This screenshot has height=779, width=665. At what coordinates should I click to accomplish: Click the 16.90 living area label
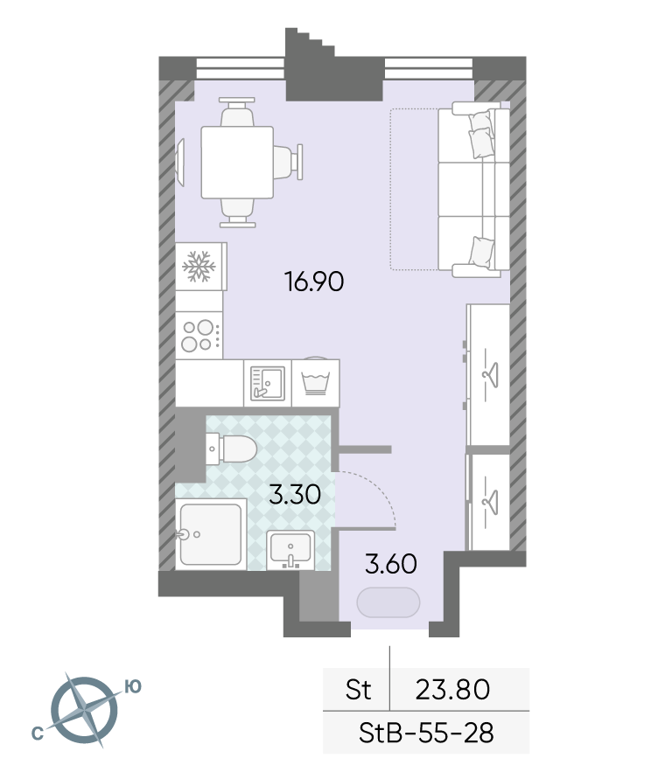pos(314,282)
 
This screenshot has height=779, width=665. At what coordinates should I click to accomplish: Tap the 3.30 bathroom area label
pos(295,495)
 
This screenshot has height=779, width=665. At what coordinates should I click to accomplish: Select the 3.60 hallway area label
pos(391,565)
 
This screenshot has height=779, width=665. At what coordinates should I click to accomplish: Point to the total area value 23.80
pos(452,690)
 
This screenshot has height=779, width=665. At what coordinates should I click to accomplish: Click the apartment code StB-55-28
pos(426,733)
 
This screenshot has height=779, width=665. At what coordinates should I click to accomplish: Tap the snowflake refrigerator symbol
pos(199,267)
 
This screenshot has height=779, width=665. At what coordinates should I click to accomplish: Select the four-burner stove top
pos(199,336)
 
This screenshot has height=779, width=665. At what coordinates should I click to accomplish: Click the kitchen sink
pos(268,383)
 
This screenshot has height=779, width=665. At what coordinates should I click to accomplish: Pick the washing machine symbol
pos(315,382)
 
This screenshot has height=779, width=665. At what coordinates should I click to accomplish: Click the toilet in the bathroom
pos(232,449)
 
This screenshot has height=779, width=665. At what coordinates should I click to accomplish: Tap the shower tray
pos(211,534)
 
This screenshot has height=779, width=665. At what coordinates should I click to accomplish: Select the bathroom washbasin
pos(290,550)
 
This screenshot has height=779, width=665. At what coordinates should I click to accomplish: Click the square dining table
pos(237,163)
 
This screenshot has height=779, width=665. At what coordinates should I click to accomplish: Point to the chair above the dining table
pos(237,112)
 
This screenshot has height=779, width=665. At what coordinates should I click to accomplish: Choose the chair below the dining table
pos(238,212)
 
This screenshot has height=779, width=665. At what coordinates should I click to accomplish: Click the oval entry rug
pos(388,602)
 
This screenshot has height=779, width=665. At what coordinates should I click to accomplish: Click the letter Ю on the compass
pos(133,687)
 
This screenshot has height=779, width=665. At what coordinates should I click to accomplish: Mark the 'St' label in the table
pos(359,690)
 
